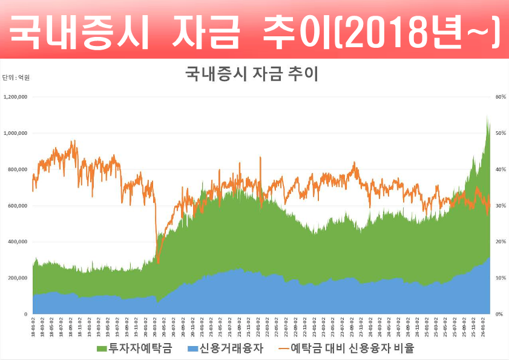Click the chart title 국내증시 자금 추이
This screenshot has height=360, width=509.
tap(251, 74)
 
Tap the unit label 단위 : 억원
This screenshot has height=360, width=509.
tap(16, 77)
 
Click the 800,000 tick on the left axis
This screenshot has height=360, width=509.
tap(18, 169)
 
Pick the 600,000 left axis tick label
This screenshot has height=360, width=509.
tap(18, 206)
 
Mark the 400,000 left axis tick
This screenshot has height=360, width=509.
tap(18, 242)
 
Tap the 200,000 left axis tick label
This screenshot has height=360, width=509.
tap(18, 278)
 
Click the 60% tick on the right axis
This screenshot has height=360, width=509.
tap(500, 97)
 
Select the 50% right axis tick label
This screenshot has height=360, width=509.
tap(500, 133)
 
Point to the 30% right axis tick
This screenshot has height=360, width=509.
tap(500, 206)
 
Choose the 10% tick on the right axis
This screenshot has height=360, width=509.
tap(500, 278)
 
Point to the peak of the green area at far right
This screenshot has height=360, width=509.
tap(488, 117)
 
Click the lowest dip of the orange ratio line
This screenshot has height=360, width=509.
tap(158, 263)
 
